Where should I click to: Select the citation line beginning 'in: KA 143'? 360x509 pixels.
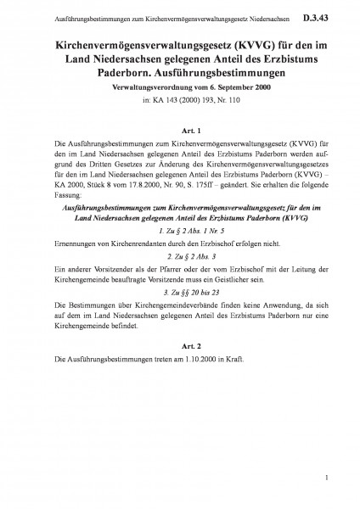coord(180,98)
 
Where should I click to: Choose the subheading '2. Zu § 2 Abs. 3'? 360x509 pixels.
coord(180,254)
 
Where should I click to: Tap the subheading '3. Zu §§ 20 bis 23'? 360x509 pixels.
coord(180,291)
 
